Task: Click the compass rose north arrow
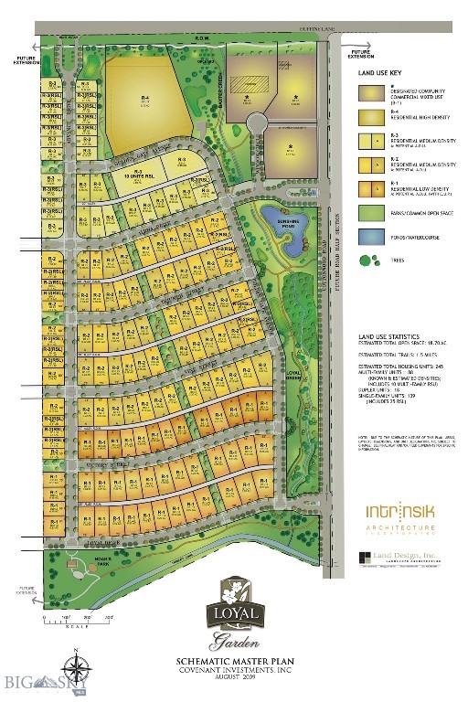click(75, 664)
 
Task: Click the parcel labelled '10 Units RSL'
click(140, 175)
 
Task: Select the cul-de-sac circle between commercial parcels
click(258, 122)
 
